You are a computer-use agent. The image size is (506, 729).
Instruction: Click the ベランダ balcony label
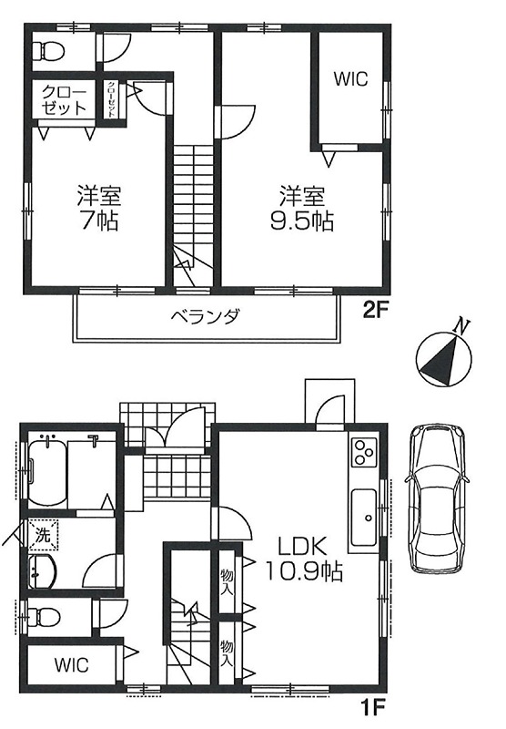click(x=205, y=317)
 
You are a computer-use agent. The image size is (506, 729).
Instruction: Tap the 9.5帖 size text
click(x=302, y=221)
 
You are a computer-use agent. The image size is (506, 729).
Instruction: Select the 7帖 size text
click(x=99, y=221)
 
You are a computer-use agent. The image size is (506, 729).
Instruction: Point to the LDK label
click(x=303, y=546)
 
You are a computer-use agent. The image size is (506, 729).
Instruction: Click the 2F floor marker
click(x=375, y=310)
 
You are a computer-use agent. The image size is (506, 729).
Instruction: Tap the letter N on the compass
click(x=461, y=326)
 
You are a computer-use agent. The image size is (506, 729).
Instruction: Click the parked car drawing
click(x=436, y=498)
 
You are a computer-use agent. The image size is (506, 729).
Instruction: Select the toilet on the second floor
click(x=49, y=51)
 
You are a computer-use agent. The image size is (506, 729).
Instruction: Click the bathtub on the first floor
click(x=48, y=474)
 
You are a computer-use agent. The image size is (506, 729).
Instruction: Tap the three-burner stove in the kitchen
click(x=365, y=452)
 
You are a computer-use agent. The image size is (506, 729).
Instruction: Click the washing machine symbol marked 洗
click(x=43, y=535)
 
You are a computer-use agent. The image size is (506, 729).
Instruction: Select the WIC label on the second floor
click(x=350, y=79)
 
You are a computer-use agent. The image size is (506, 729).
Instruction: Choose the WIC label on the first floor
click(x=72, y=665)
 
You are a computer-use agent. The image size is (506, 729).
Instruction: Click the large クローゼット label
click(x=64, y=100)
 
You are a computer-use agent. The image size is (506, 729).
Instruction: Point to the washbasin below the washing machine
click(x=43, y=572)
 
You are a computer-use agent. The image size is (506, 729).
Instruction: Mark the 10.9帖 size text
click(x=304, y=570)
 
